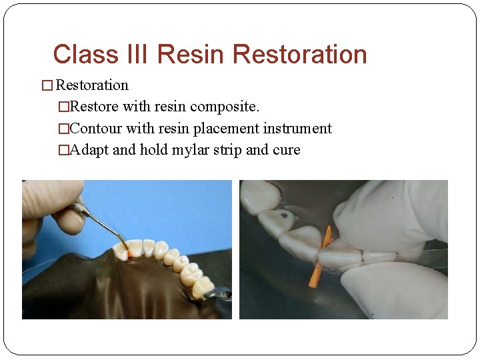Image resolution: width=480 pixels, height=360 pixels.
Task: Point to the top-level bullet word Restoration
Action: (92, 85)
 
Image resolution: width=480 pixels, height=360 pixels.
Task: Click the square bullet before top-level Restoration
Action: (47, 86)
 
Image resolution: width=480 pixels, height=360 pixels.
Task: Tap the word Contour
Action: (96, 129)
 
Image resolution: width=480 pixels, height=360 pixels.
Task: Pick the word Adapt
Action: (89, 150)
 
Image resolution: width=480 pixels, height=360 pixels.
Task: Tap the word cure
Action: (287, 150)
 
